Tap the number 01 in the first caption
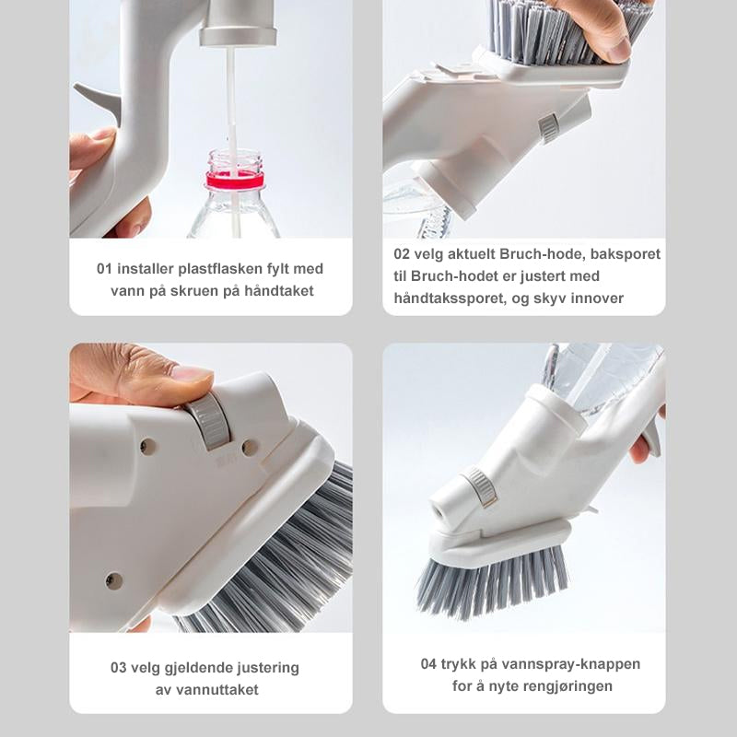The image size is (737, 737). (104, 269)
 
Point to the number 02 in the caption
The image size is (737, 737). (402, 254)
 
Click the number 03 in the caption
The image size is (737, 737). (119, 668)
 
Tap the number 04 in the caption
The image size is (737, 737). (428, 664)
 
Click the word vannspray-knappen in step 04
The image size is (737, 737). (571, 664)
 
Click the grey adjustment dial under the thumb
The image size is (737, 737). (210, 421)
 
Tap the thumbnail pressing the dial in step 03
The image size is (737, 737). (191, 373)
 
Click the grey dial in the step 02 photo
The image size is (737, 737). (549, 127)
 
